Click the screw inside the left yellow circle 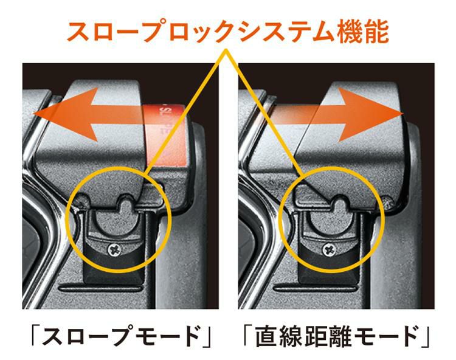(x=116, y=247)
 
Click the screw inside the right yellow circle (x=329, y=248)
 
